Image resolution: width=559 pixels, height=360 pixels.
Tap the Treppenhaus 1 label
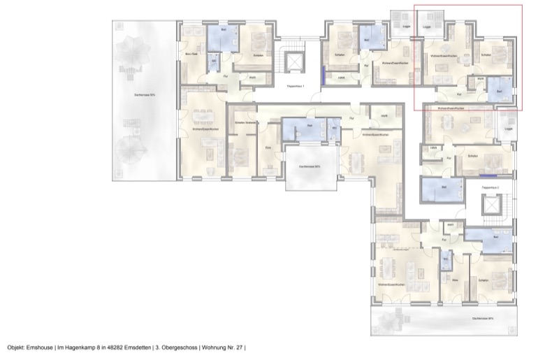click(297, 87)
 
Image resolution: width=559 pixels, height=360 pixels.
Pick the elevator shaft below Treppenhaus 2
click(492, 208)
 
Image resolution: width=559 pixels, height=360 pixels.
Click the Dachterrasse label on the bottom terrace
click(482, 319)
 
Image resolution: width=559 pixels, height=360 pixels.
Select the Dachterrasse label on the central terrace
click(309, 167)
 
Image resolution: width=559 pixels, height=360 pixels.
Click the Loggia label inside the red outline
click(428, 28)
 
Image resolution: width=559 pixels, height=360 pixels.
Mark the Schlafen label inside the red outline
click(486, 55)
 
